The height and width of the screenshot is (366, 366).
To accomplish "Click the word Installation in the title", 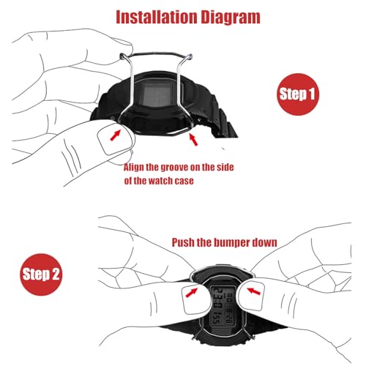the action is click(x=157, y=17).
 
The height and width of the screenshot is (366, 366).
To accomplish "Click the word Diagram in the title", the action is click(x=231, y=18).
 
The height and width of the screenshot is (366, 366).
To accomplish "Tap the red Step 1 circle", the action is click(x=298, y=94).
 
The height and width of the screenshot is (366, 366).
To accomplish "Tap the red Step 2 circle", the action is click(x=41, y=274).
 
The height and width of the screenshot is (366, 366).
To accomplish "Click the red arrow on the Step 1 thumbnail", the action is click(x=116, y=135).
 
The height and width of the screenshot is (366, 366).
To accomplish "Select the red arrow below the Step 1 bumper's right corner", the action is click(x=193, y=140).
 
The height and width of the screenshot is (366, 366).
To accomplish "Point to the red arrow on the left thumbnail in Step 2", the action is click(x=192, y=293).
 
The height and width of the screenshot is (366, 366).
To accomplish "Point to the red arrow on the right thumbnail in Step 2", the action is click(x=254, y=291).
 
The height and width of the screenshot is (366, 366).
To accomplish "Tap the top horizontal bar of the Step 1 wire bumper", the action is click(x=156, y=53).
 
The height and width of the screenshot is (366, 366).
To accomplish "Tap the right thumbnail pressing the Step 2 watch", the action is click(x=251, y=295).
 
